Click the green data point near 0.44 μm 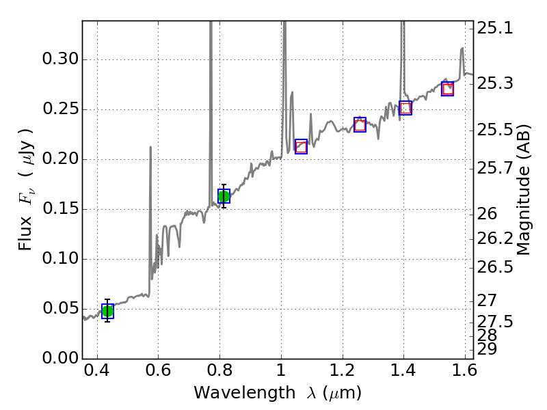coord(107,311)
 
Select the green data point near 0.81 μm coord(224,196)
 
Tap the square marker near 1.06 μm coord(301,146)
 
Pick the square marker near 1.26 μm coord(360,124)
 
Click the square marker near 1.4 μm coord(405,108)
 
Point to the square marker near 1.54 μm coord(448,89)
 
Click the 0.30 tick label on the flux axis coord(60,59)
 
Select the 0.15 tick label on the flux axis coord(60,209)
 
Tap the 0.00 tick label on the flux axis coord(60,358)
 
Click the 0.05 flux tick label coord(60,308)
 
